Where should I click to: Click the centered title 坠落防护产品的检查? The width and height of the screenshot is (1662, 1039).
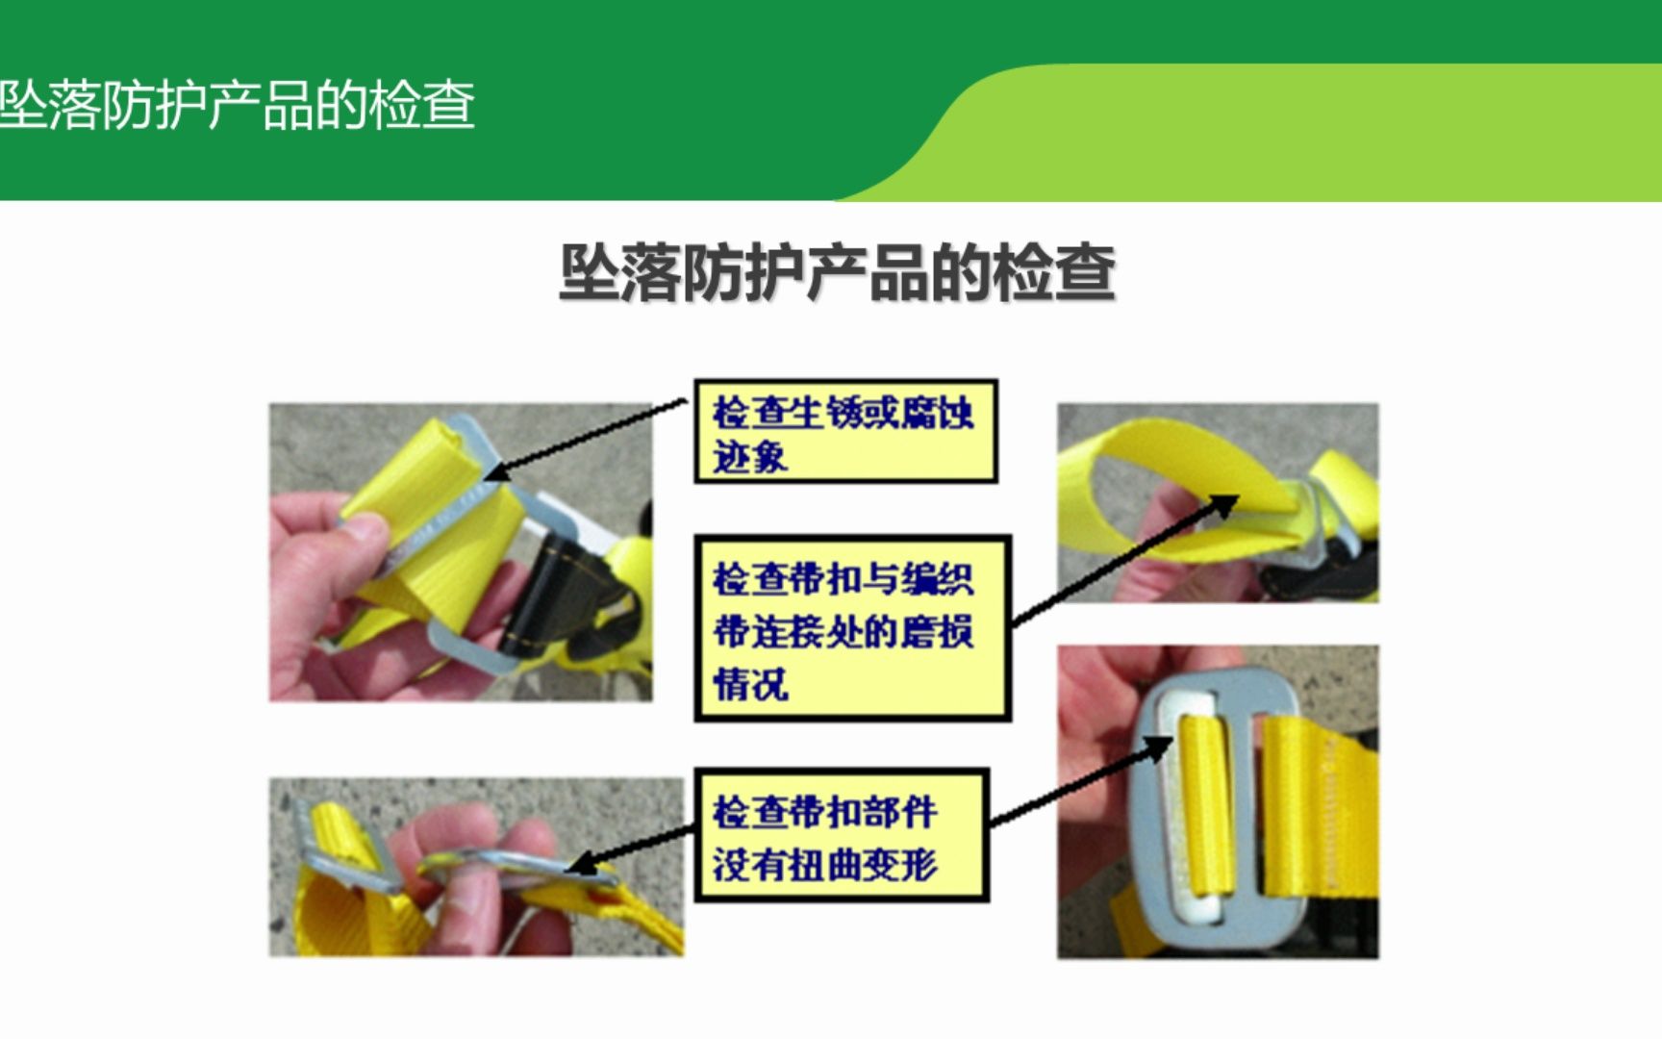coord(837,273)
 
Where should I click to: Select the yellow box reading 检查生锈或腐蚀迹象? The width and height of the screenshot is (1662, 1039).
coord(845,432)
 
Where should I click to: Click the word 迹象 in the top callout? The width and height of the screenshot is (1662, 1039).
coord(749,456)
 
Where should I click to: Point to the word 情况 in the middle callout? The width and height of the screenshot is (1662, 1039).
coord(749,684)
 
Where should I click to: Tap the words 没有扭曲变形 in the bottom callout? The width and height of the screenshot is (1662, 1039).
coord(824,864)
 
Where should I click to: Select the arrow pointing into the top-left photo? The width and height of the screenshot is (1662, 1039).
coord(587,439)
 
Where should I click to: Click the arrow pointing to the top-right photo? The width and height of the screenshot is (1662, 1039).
coord(1121,561)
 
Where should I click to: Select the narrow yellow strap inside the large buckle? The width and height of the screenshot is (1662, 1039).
coord(1207,808)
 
